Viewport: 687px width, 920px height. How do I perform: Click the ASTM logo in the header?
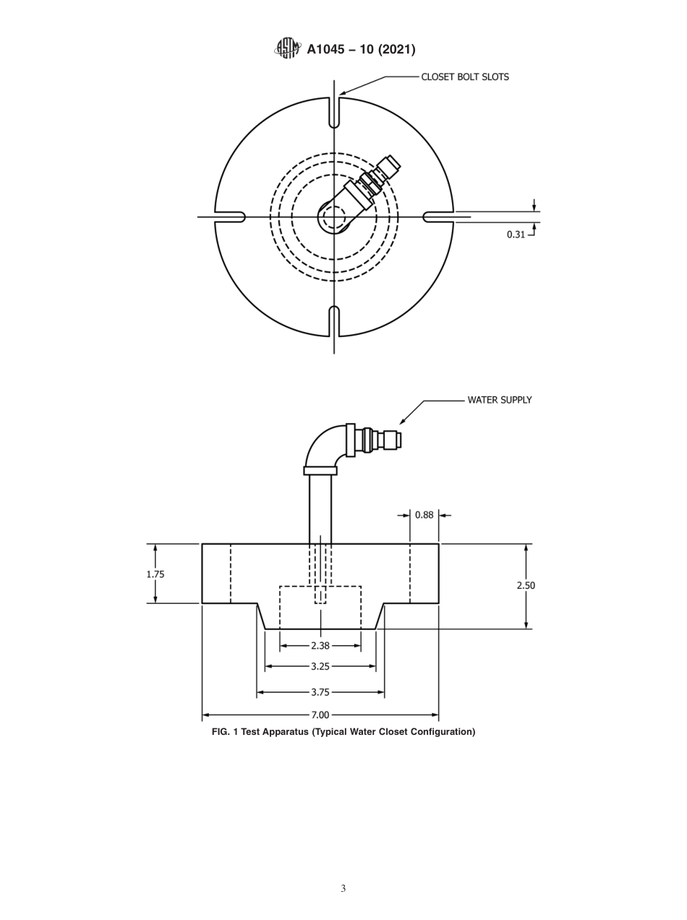point(287,48)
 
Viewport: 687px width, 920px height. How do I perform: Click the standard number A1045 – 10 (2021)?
point(360,49)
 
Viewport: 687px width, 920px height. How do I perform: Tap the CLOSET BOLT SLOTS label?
point(465,77)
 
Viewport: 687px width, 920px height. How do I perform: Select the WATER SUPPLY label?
point(499,400)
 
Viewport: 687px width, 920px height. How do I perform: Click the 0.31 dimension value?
point(516,234)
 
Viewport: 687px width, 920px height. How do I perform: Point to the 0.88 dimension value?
point(424,515)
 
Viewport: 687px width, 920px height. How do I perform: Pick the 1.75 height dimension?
point(155,574)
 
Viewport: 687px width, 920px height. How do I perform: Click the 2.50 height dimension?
point(526,585)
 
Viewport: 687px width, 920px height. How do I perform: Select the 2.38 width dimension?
point(320,646)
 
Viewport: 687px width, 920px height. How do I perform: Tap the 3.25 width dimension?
point(320,666)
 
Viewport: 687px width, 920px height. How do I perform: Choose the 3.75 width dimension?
point(320,692)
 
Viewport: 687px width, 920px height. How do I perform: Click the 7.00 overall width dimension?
point(320,715)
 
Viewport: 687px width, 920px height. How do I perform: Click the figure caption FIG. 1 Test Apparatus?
point(343,732)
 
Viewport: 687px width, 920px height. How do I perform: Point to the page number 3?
point(343,888)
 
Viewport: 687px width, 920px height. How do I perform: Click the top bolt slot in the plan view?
point(334,114)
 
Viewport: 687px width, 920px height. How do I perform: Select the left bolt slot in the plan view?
point(231,217)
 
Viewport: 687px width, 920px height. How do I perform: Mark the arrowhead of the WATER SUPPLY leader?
point(402,422)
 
